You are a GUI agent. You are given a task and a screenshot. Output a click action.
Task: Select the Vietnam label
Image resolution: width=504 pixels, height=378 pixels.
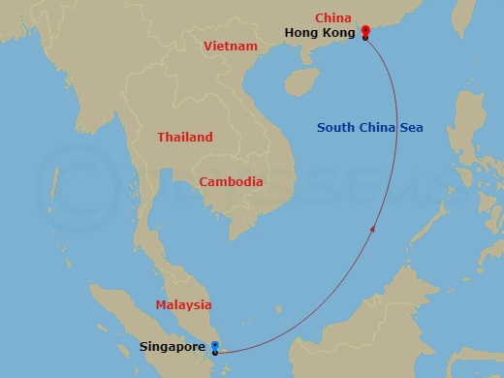coord(230,46)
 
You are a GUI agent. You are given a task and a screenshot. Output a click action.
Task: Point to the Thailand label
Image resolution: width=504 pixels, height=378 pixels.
coord(185,138)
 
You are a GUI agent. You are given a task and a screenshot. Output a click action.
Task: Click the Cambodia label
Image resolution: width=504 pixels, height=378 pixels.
coord(231,181)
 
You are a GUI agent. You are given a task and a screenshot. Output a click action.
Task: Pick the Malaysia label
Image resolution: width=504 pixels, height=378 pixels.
coord(183,305)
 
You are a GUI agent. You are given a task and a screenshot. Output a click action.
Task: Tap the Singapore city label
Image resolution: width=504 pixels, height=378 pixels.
coord(173,346)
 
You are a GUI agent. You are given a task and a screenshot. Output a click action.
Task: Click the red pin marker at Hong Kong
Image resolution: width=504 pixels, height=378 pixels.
coord(364,32)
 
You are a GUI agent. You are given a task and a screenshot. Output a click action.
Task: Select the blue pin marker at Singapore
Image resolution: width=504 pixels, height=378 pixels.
coord(214,346)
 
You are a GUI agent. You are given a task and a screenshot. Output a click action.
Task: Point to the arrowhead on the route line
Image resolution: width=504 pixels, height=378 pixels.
coord(375,228)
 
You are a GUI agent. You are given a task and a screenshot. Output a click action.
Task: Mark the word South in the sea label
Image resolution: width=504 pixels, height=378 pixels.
coord(338,127)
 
